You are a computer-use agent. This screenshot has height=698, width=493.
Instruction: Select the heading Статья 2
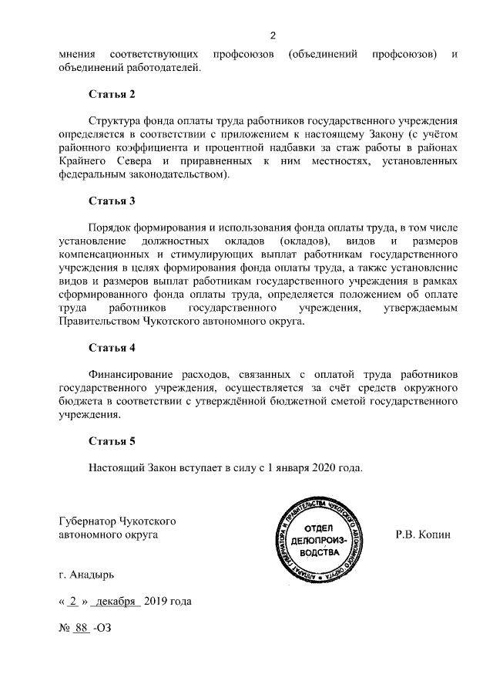[x=112, y=95]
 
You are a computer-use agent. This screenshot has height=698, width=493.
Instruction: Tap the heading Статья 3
[x=112, y=202]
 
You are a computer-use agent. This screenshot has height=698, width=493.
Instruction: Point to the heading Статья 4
[x=112, y=347]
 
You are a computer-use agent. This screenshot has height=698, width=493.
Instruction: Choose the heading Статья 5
[x=112, y=442]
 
